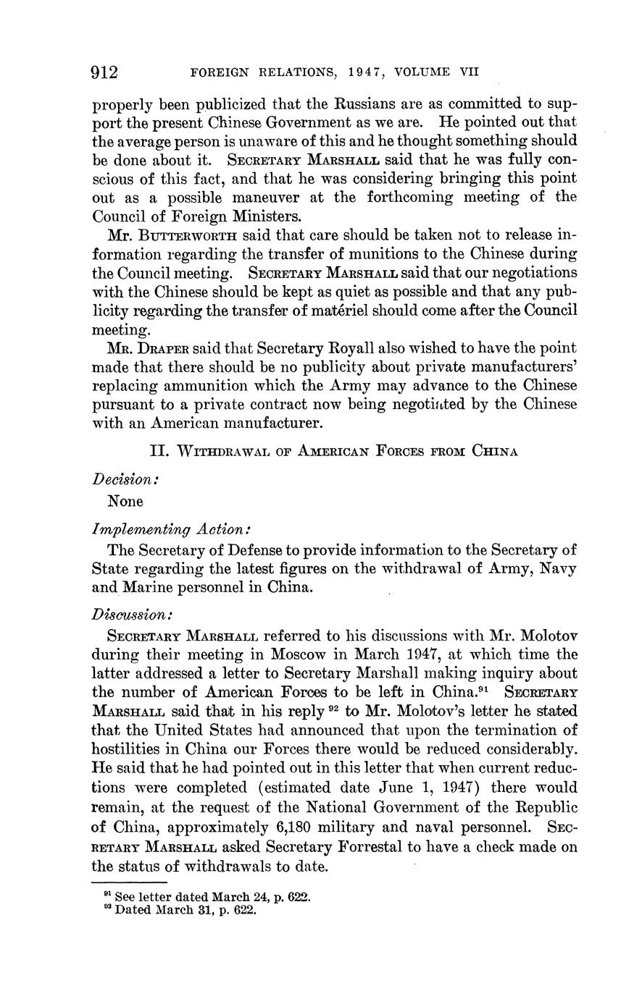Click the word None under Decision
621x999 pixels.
point(125,501)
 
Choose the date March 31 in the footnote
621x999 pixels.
point(183,910)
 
